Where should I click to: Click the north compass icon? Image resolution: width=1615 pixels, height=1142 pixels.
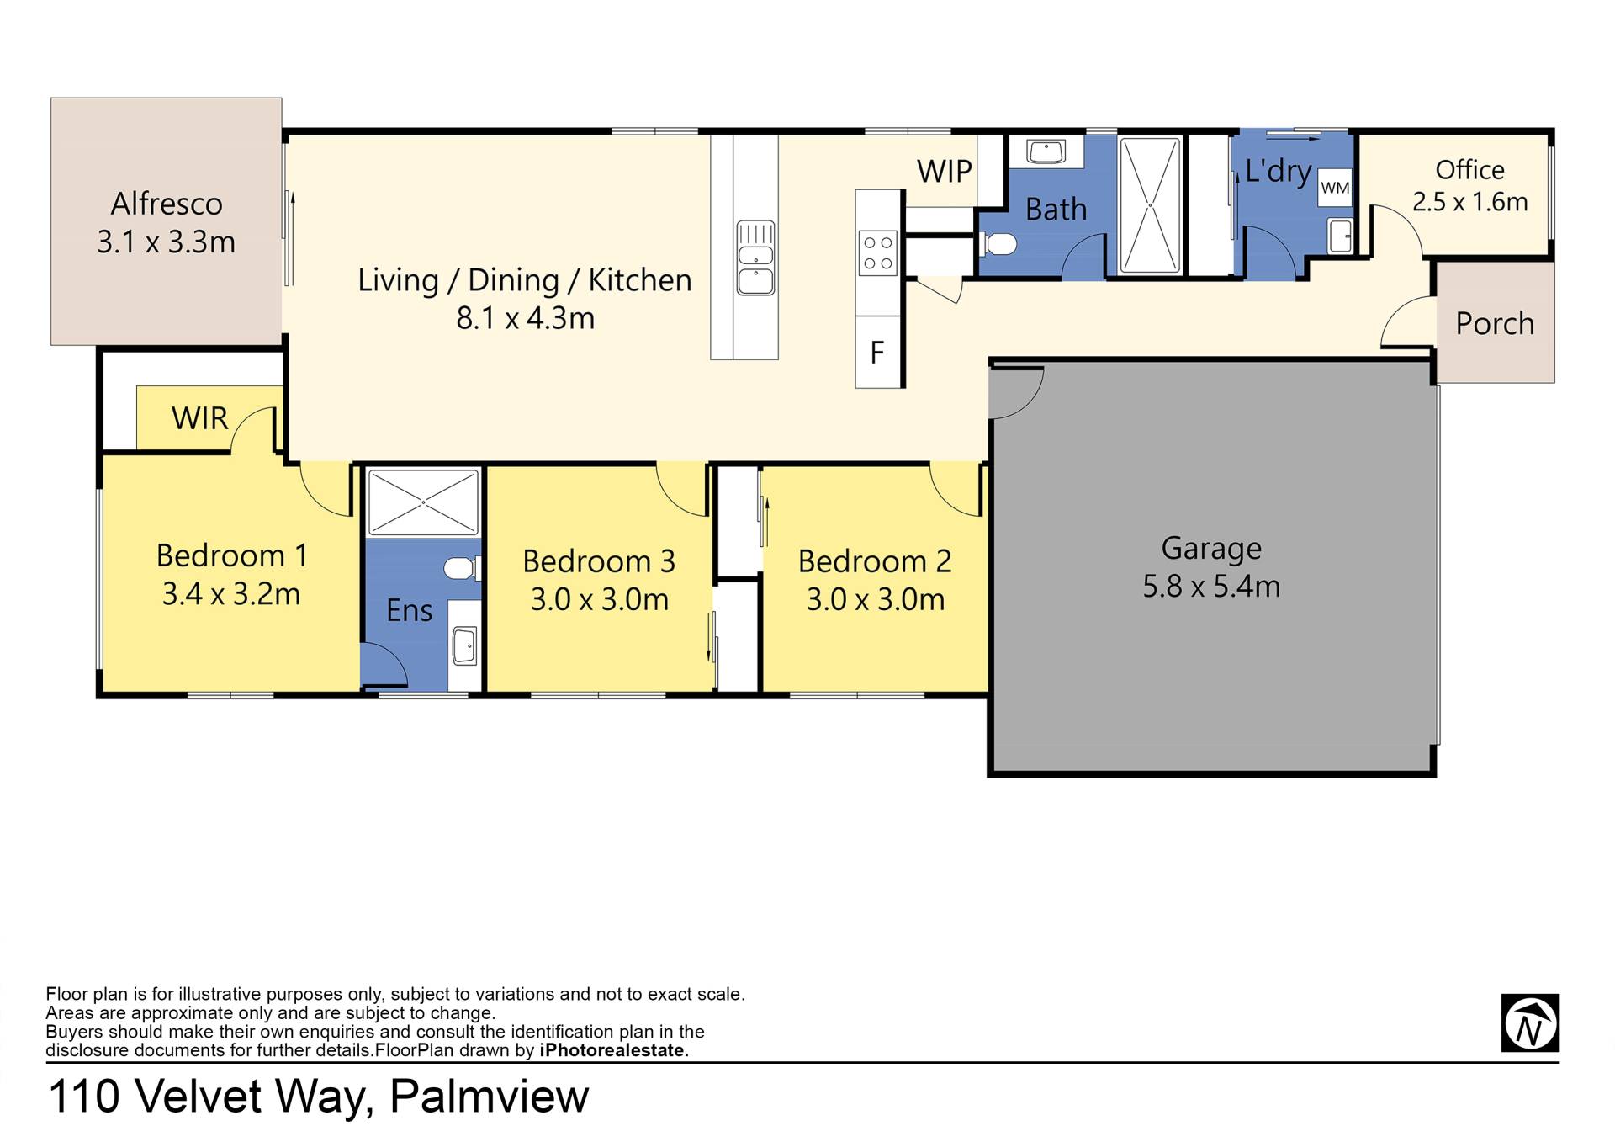tap(1530, 1022)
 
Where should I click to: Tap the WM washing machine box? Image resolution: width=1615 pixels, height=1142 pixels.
tap(1335, 188)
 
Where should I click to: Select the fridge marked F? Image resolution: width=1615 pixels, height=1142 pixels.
tap(878, 352)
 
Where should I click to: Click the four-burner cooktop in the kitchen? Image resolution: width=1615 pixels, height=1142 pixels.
tap(877, 253)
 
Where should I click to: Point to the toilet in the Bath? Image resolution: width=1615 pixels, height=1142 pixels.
tap(998, 244)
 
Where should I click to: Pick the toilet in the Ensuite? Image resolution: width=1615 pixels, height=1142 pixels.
tap(462, 569)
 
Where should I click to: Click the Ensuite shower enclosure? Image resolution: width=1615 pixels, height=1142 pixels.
tap(423, 502)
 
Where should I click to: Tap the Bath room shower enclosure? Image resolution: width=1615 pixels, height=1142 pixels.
tap(1150, 204)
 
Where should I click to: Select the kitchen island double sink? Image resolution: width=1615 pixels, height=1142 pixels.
tap(755, 258)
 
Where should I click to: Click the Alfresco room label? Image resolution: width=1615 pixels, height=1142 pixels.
tap(167, 204)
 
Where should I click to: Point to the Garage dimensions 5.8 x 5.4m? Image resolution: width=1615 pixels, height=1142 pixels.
tap(1211, 586)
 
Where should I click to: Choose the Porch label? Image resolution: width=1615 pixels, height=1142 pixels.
tap(1495, 323)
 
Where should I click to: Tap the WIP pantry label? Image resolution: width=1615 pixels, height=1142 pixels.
tap(945, 172)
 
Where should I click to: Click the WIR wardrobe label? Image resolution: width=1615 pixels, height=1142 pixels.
tap(199, 418)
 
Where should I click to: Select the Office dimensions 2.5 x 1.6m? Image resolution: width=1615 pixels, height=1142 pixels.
tap(1469, 202)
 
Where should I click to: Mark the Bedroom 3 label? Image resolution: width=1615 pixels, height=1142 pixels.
tap(599, 560)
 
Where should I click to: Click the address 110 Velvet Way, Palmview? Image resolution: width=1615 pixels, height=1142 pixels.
tap(319, 1097)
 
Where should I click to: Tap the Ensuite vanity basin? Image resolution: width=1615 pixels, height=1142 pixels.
tap(464, 645)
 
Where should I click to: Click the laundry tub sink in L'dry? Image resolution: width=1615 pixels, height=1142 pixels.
tap(1339, 236)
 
